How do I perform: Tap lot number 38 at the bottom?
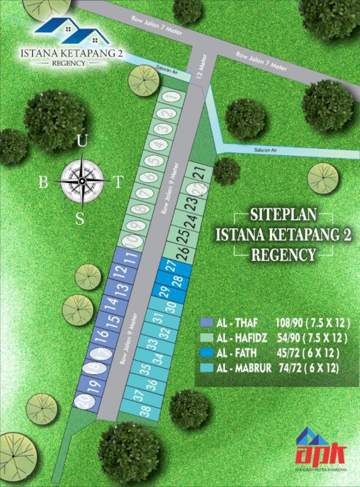(x=146, y=411)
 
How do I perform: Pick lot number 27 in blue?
(x=171, y=265)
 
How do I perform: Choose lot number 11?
(x=130, y=260)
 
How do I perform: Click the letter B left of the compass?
(x=44, y=182)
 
